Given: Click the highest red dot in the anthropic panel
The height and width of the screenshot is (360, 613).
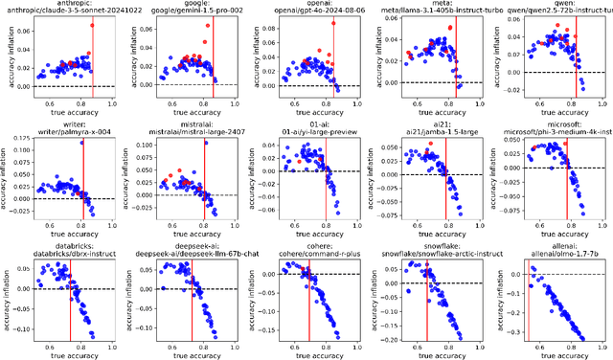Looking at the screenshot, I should click(x=92, y=25).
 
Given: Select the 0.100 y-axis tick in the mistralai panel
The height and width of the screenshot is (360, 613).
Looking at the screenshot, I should click(x=141, y=144).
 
